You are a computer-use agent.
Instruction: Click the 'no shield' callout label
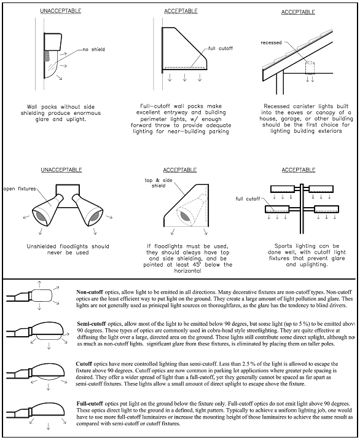tap(94, 49)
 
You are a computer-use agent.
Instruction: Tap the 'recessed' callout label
tap(271, 42)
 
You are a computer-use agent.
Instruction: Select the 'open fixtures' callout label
tap(20, 189)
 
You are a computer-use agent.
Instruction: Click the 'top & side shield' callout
tap(158, 183)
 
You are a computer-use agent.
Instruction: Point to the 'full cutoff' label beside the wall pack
tap(221, 49)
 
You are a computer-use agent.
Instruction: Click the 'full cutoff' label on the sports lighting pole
tap(248, 198)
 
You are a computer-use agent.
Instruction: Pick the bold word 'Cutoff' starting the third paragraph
tap(84, 364)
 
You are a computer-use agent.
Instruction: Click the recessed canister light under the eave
tap(310, 68)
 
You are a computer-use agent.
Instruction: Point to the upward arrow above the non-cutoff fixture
tap(39, 284)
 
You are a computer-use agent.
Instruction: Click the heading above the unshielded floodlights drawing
tap(61, 170)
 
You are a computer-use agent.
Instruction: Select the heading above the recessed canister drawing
tap(298, 12)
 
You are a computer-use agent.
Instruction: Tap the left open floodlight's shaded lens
tap(41, 217)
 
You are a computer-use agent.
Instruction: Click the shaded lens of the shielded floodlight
tap(186, 216)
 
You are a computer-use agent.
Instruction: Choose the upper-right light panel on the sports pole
tap(321, 189)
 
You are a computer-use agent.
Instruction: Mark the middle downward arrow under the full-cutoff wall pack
tap(185, 77)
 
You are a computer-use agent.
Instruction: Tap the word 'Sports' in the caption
tap(284, 246)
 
